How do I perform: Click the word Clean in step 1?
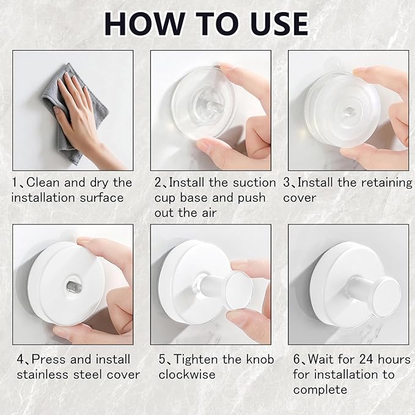click(43, 183)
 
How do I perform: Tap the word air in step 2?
click(210, 213)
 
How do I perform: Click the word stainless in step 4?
click(43, 375)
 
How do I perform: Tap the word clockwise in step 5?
click(187, 375)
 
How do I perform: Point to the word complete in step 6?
click(320, 390)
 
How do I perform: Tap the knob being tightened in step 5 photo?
click(239, 290)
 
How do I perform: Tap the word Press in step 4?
click(49, 359)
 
